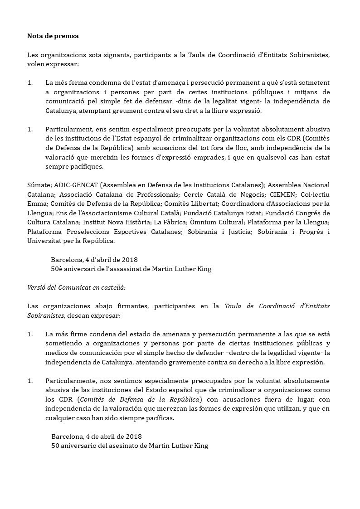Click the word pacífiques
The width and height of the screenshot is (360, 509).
[x=85, y=166]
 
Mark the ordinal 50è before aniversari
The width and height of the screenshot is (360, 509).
[x=58, y=268]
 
